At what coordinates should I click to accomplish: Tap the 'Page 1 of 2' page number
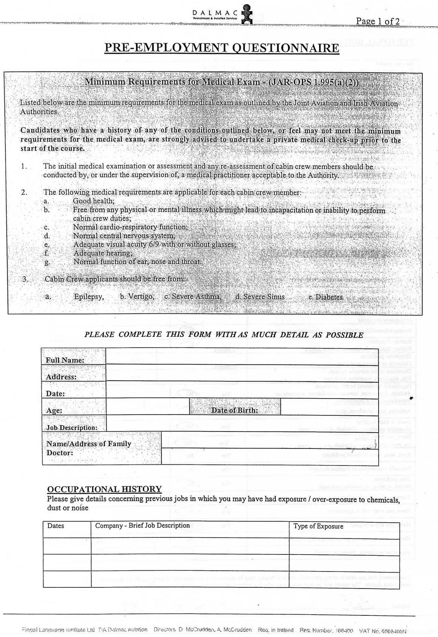[377, 21]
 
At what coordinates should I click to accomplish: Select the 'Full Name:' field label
[65, 360]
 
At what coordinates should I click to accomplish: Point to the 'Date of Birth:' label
[235, 410]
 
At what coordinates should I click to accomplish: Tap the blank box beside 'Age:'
[148, 406]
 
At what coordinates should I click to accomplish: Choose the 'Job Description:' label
[71, 428]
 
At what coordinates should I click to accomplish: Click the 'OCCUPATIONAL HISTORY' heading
[104, 489]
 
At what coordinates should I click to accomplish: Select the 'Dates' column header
[56, 526]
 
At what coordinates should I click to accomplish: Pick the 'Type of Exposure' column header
[318, 526]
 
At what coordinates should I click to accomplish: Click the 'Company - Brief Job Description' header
[142, 526]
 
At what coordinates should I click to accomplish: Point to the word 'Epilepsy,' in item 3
[89, 297]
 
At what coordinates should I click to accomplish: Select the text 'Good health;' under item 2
[93, 201]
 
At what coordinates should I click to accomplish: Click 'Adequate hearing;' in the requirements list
[103, 253]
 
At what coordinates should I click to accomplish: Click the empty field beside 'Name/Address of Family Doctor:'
[269, 449]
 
